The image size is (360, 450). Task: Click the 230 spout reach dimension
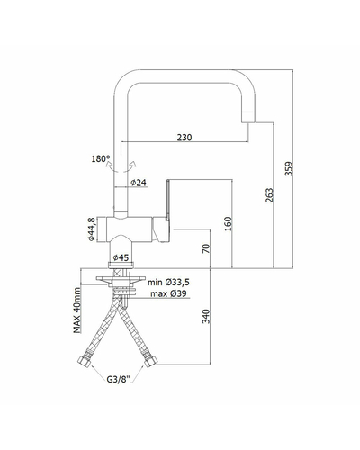(x=184, y=138)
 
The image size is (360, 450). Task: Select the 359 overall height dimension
(x=289, y=169)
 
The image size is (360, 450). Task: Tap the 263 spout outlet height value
(x=269, y=195)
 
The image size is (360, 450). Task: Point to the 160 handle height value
(x=229, y=224)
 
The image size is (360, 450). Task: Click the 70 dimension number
(x=206, y=249)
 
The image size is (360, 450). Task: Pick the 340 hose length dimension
(x=206, y=317)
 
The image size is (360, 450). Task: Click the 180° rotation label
(x=101, y=158)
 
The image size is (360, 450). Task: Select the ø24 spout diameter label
(x=139, y=183)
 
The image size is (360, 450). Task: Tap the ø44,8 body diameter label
(x=91, y=229)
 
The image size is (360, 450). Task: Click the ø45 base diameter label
(x=121, y=257)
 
